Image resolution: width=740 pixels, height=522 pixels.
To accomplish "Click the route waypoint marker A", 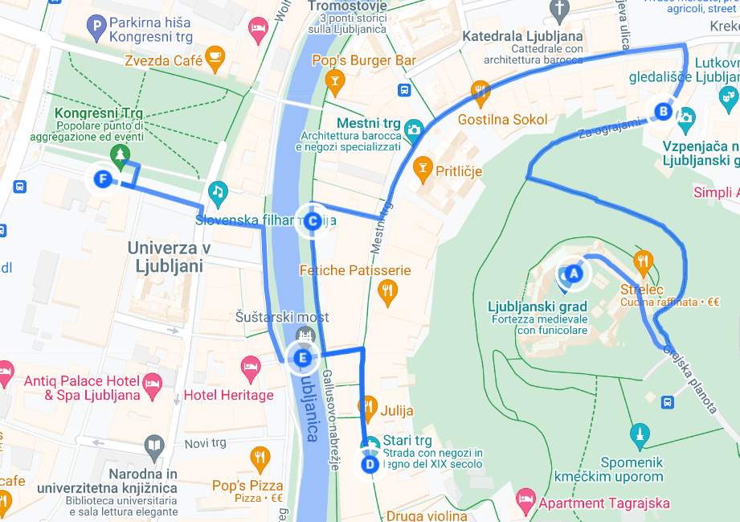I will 573,273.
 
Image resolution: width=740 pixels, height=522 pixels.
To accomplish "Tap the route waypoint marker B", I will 664,111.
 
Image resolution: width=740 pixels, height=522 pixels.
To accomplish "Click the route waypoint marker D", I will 370,464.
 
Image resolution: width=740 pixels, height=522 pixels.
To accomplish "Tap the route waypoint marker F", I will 102,179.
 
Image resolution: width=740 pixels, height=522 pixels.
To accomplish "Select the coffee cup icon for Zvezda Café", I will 215,56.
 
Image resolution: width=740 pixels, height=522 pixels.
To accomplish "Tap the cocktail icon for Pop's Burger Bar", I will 335,80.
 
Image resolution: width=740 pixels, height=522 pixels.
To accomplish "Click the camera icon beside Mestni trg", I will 414,129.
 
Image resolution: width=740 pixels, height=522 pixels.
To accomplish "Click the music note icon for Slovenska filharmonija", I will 217,191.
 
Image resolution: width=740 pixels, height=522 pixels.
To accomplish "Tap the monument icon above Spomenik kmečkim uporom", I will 639,434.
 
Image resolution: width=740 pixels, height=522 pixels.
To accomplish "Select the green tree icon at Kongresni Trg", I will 120,154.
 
